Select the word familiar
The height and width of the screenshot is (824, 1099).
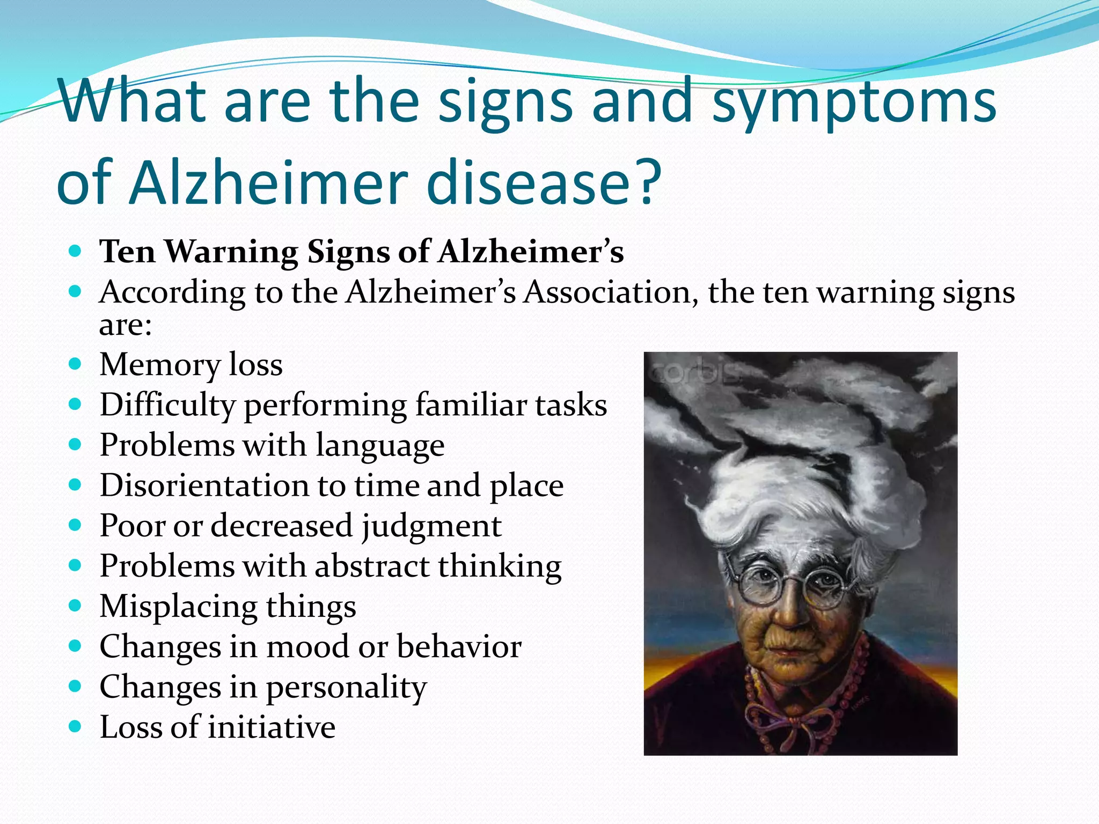pos(467,404)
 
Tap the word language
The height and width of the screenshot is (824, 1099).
pos(380,446)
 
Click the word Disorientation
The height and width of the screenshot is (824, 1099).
pos(204,485)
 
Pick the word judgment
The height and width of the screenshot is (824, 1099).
pos(431,526)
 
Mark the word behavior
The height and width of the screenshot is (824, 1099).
pos(459,646)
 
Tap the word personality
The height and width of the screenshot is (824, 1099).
pos(346,687)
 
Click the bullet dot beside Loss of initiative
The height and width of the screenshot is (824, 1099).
pos(76,727)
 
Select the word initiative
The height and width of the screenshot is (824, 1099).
pos(272,727)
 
